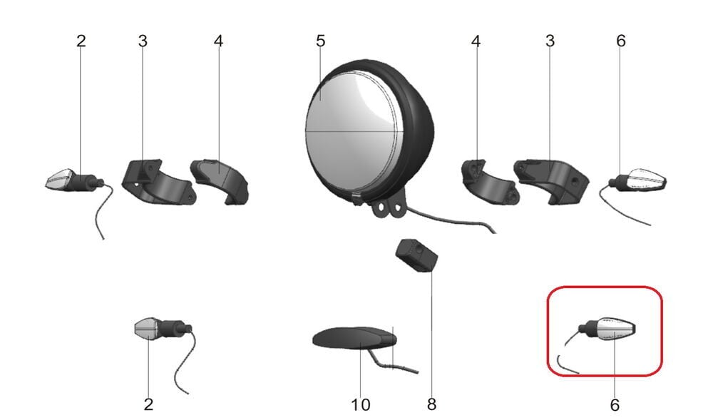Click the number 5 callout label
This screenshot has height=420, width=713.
(321, 41)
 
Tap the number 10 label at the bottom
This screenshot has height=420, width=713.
(361, 404)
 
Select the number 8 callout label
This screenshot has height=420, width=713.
(431, 404)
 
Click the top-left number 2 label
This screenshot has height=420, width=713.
(81, 41)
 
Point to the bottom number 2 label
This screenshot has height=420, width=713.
(149, 404)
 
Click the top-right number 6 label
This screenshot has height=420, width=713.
(621, 41)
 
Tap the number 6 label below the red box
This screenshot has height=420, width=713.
(615, 404)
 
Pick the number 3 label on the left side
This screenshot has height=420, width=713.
(143, 41)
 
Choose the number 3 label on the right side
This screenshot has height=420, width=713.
(550, 41)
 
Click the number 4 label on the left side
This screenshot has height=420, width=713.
(219, 41)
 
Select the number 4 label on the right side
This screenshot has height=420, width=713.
(476, 41)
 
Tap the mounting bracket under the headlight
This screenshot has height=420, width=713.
(388, 208)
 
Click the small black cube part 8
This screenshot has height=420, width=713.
(416, 255)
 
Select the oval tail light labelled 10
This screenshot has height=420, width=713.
(354, 339)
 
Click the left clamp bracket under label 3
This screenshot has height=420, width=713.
(157, 183)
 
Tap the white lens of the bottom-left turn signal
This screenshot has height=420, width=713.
(146, 327)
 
